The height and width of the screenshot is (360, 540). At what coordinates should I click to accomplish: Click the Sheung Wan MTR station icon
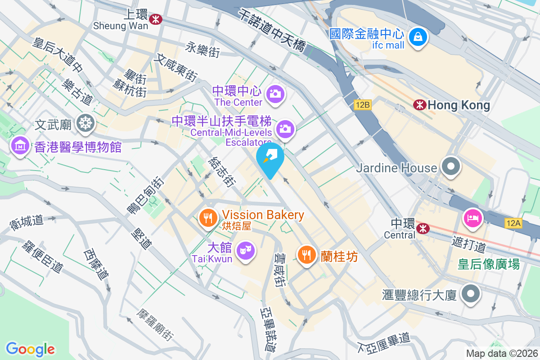[156, 19]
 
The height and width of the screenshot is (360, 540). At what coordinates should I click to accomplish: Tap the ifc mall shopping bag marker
[418, 36]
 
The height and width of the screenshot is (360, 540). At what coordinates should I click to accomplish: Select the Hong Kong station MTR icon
[420, 105]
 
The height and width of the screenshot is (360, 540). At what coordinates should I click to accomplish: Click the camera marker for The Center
[274, 94]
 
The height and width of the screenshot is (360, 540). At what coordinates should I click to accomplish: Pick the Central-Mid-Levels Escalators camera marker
[285, 129]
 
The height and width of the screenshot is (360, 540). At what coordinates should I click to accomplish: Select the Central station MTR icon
[423, 229]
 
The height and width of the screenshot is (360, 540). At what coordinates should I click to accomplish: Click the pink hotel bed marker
[473, 219]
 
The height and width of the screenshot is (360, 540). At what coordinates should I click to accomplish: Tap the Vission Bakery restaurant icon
[207, 219]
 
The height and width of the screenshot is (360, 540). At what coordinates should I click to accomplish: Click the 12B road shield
[362, 105]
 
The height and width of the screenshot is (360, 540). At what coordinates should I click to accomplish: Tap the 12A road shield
[513, 222]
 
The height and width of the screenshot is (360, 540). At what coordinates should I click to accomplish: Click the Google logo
[30, 349]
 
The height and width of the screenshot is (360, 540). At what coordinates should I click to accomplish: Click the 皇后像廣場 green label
[489, 264]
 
